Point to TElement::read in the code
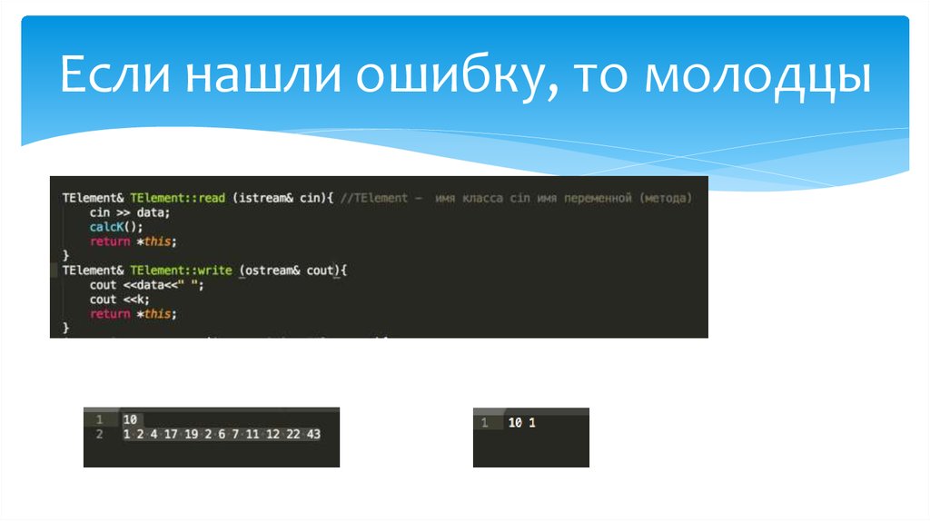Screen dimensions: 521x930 click(177, 198)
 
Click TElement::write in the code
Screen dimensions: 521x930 click(180, 270)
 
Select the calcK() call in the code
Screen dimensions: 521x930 click(116, 227)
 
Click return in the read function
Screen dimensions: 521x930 click(110, 241)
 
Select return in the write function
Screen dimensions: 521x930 click(110, 314)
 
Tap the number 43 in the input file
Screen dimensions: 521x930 click(313, 435)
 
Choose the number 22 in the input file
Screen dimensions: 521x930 click(293, 435)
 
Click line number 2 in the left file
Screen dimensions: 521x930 click(100, 435)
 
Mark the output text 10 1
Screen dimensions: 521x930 click(522, 423)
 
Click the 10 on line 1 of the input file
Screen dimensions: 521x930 click(129, 419)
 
